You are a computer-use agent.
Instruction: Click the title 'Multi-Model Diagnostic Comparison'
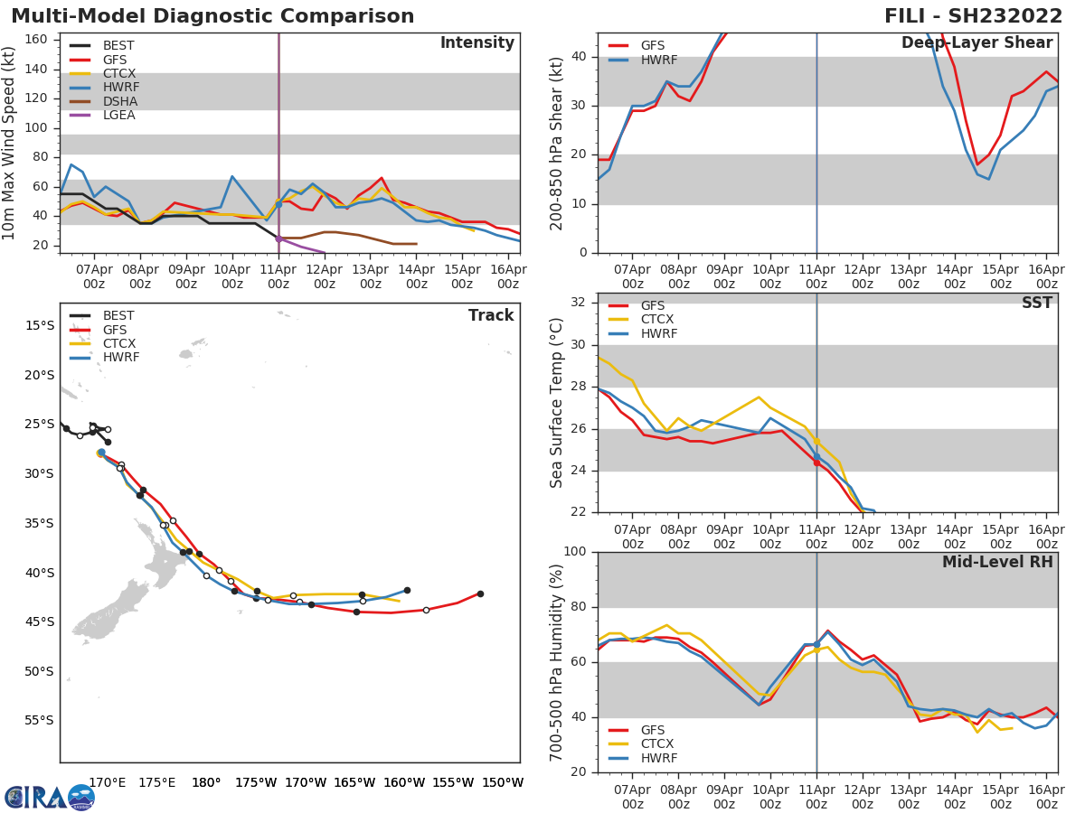212,16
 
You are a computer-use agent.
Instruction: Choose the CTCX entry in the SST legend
656,320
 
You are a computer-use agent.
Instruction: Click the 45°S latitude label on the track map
38,621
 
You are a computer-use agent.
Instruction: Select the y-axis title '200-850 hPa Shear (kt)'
557,143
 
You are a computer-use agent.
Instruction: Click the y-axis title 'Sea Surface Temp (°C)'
557,403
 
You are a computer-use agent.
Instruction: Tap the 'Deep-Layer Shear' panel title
976,43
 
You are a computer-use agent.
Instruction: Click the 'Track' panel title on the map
491,315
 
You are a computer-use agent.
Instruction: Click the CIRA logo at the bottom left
50,796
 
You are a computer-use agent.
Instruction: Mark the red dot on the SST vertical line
816,463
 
